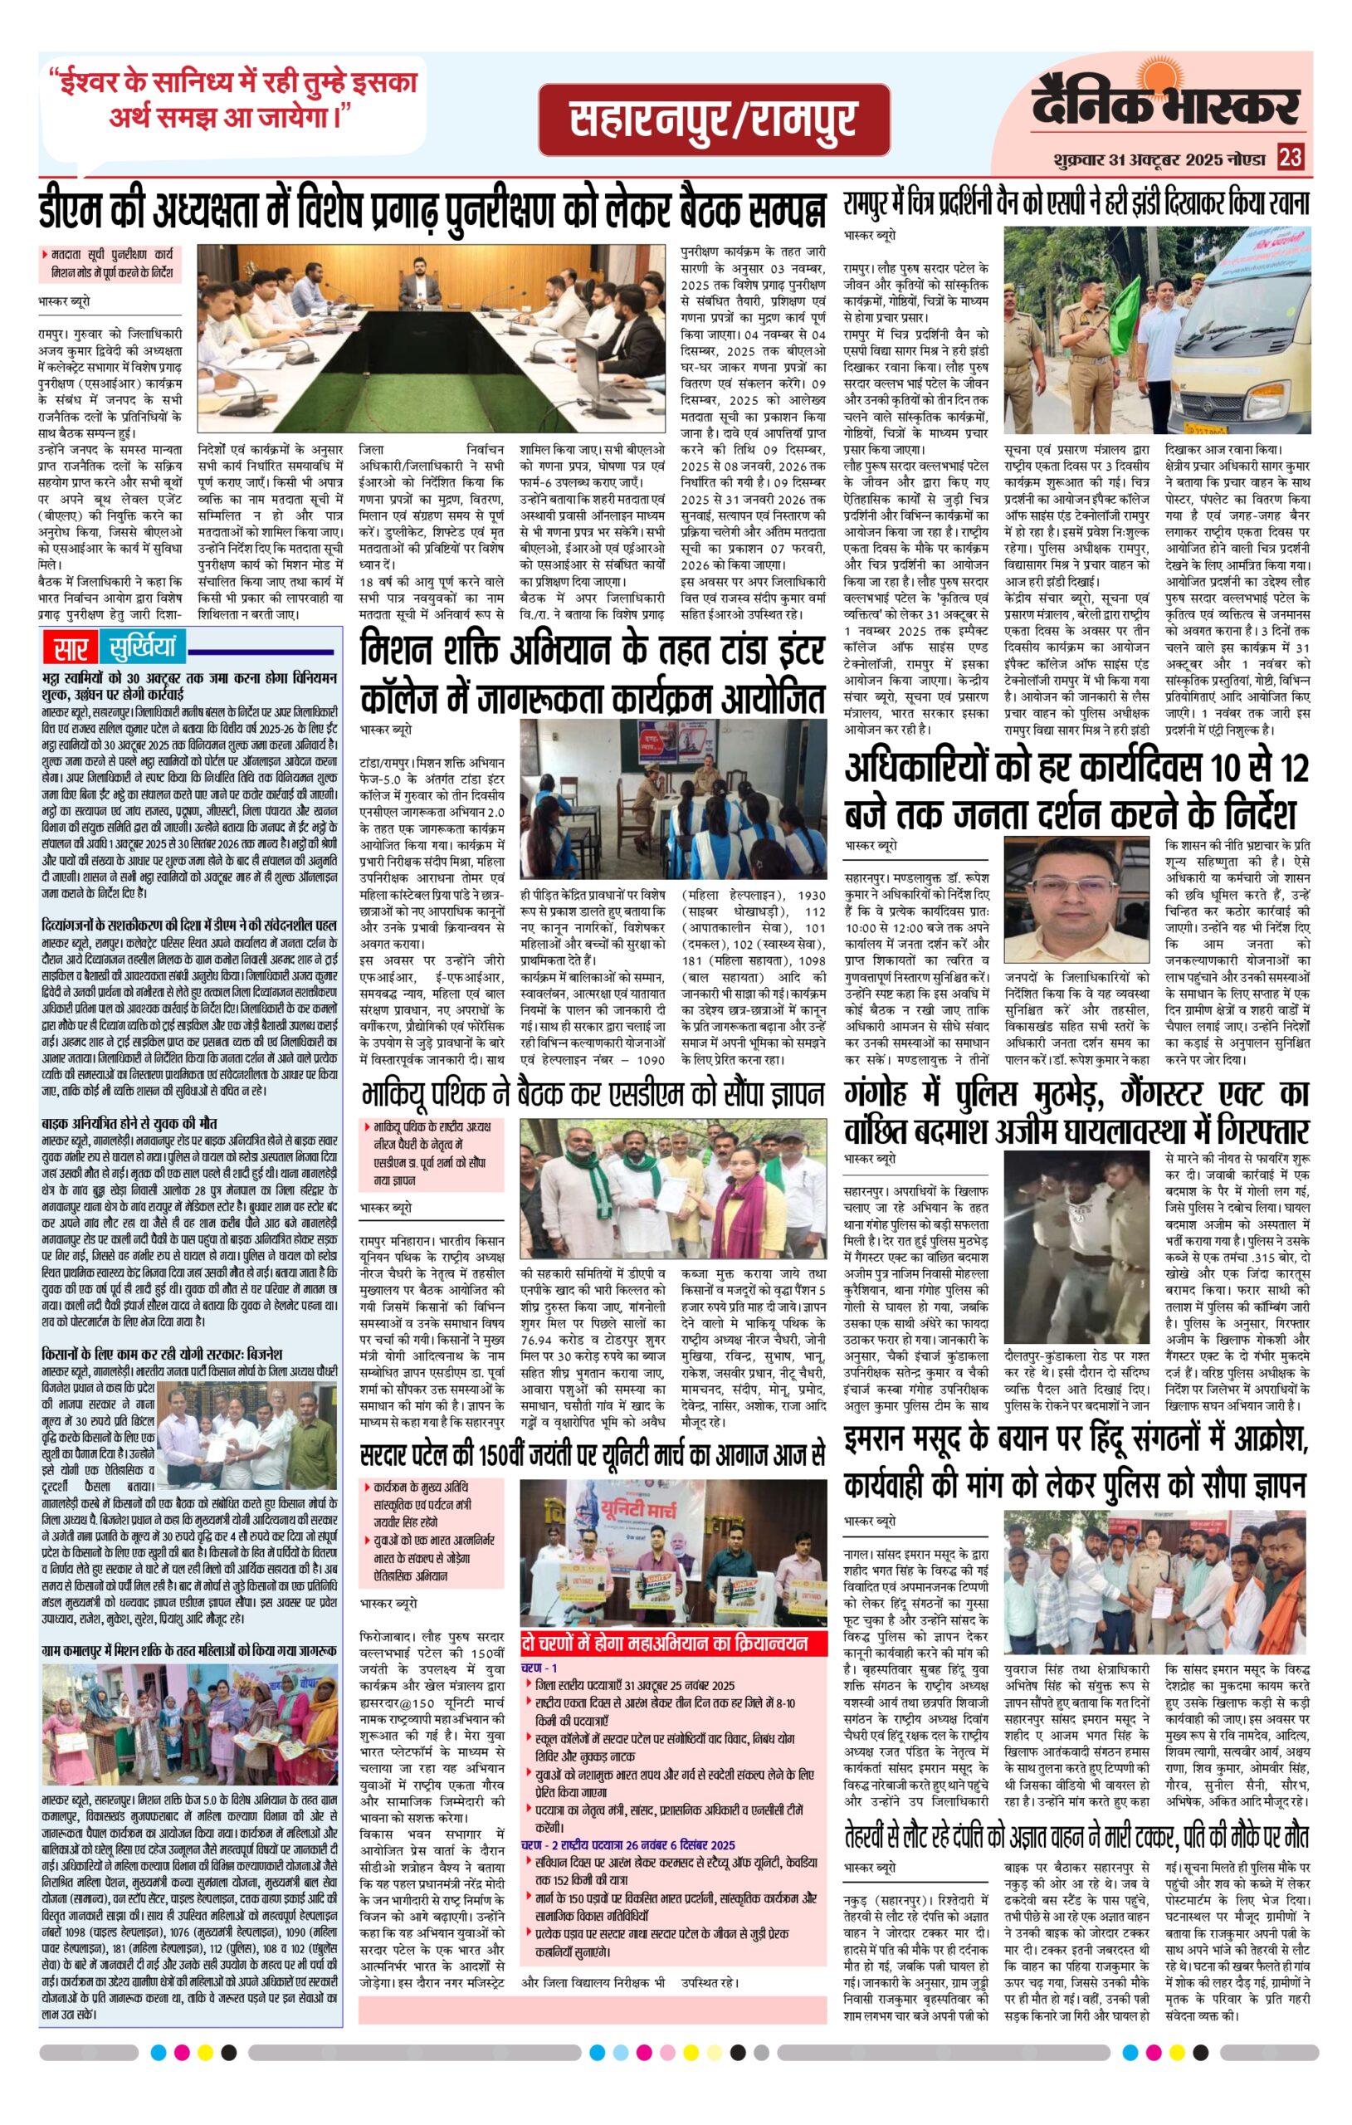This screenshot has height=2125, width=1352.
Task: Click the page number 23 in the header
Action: [1290, 159]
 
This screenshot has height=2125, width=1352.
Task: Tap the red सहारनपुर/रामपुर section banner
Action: [713, 120]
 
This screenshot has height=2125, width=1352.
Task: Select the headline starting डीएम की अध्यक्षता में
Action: [432, 209]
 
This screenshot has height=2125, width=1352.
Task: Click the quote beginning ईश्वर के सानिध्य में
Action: [232, 99]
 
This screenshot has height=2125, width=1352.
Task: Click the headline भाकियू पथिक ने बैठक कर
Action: [592, 1096]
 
